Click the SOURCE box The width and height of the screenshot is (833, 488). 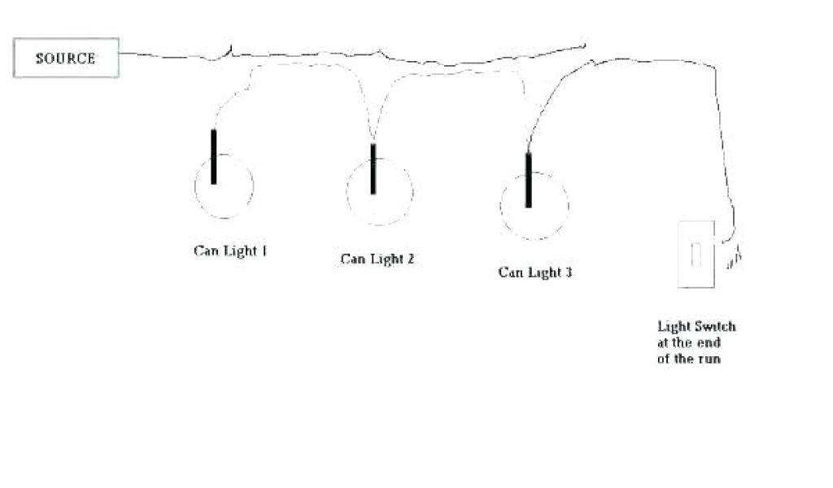point(66,59)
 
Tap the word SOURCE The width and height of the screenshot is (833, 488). point(65,59)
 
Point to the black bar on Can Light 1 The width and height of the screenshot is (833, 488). point(214,156)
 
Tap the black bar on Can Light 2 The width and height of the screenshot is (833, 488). point(373,169)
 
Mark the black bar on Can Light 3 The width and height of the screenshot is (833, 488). point(528,180)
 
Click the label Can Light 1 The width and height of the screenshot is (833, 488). point(230,251)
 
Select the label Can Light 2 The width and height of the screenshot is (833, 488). point(377,259)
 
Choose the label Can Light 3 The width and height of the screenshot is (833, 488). point(534,272)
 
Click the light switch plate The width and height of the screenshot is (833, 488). point(696,254)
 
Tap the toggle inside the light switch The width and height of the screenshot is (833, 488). point(696,253)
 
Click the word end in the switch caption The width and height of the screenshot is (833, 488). point(704,342)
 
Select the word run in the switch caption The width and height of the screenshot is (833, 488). point(709,359)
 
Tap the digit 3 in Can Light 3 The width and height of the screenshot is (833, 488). point(568,272)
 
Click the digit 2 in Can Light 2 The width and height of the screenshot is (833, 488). point(411,259)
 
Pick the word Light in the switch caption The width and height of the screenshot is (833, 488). point(674,326)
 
